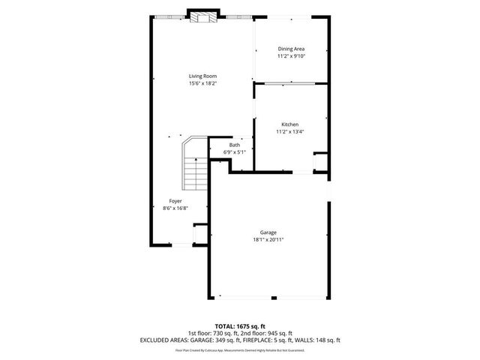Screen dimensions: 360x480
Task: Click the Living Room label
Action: (203, 76)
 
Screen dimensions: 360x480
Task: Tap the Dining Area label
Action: (291, 49)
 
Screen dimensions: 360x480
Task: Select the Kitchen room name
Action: (290, 124)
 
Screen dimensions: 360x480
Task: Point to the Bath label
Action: (235, 145)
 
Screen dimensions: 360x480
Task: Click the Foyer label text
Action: (175, 201)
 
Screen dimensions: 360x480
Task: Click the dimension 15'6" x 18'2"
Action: (203, 83)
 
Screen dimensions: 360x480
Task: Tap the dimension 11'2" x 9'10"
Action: (291, 56)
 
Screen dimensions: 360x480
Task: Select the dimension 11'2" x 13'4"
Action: (290, 132)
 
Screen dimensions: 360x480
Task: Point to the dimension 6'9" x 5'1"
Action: (235, 152)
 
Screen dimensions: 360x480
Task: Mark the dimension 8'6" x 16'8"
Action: (175, 208)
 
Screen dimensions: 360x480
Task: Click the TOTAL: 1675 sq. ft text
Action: (239, 326)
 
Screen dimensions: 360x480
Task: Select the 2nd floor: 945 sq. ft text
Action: (265, 333)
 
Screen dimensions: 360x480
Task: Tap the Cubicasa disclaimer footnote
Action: (239, 349)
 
